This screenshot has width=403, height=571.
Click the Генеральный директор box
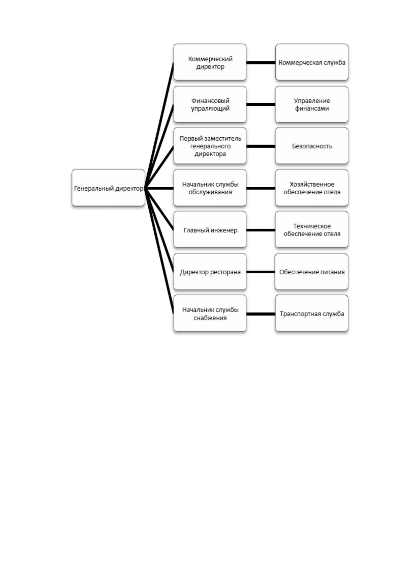(108, 188)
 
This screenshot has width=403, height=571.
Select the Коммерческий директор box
(210, 62)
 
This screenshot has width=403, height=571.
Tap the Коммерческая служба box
(312, 62)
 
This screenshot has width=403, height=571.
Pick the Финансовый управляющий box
(210, 104)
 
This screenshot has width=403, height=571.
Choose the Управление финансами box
(312, 104)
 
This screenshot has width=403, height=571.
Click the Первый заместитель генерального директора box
(210, 146)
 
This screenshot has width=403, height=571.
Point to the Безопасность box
(312, 146)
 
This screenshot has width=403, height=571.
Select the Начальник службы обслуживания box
(210, 188)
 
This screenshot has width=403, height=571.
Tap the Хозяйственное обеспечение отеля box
(312, 188)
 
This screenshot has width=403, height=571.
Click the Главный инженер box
(210, 230)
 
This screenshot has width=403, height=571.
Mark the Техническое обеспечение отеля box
(312, 230)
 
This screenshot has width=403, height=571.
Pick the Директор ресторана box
(210, 272)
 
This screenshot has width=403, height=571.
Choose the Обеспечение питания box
(312, 272)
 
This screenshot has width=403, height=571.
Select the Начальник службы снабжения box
(210, 313)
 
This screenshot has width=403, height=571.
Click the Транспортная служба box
(312, 313)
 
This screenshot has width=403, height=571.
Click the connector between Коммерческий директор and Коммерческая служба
(261, 62)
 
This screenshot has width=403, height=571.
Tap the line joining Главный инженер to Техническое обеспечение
(261, 230)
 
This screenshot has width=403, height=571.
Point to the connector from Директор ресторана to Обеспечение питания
(261, 272)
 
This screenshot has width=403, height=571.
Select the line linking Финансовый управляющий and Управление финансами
(261, 104)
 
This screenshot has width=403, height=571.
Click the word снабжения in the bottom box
(210, 318)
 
